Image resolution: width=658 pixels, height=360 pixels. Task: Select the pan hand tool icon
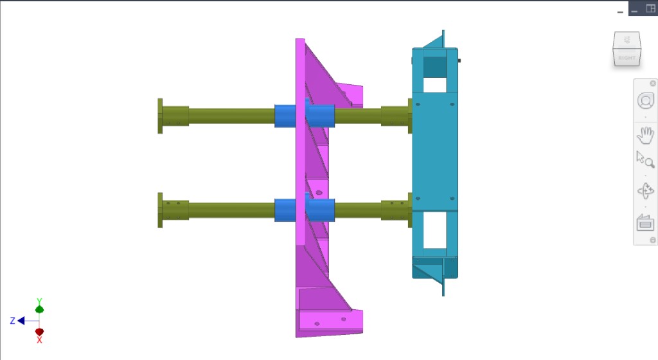coord(645,136)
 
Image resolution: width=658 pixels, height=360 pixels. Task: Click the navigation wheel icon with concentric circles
coord(645,101)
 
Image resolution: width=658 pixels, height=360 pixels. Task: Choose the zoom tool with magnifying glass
coord(645,159)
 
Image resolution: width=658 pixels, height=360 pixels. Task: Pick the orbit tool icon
coord(645,191)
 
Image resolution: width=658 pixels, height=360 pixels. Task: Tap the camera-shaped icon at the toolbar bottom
coord(645,223)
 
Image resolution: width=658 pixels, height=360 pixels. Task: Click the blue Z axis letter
coord(12,320)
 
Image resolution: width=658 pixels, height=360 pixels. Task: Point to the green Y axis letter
coord(39,301)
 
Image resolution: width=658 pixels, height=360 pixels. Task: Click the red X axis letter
coord(39,339)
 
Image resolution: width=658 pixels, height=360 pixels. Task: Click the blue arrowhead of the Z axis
coord(21,320)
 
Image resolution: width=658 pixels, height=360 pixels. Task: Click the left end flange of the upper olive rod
coord(160,116)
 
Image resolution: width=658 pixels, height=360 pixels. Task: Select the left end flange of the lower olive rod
coord(160,210)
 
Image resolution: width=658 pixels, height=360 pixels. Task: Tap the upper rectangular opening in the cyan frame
coord(435,83)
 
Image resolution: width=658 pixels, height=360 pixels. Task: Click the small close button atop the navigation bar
coord(653,84)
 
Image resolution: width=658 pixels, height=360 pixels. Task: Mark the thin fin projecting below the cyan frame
coord(443,287)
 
